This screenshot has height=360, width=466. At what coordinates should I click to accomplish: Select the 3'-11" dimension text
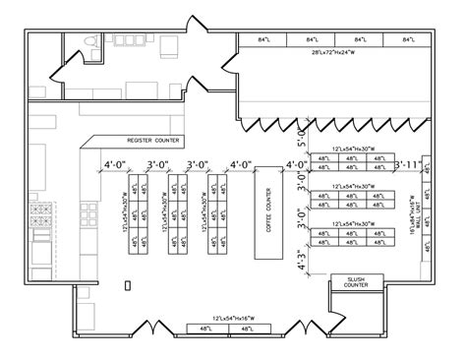407,165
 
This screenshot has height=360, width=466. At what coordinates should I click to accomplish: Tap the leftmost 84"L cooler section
262,38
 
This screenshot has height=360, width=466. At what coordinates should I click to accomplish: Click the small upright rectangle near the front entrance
126,284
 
